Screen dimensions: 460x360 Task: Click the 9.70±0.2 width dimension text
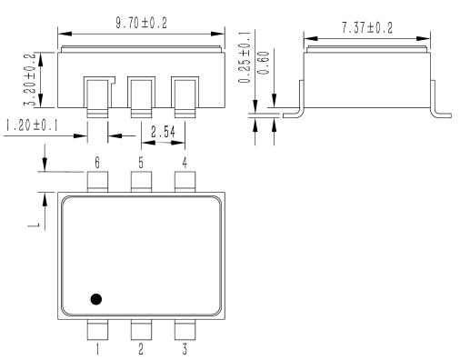(141, 23)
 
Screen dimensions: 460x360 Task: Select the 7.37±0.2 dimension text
(367, 28)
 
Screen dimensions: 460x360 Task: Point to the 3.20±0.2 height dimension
(30, 79)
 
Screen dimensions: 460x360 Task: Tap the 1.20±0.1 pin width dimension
(32, 125)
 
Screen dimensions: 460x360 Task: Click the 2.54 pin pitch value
(163, 132)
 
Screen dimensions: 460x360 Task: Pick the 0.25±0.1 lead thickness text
(245, 56)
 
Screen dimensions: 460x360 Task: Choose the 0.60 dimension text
(264, 63)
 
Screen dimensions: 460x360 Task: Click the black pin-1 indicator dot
(96, 299)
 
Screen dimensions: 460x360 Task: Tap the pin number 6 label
(97, 163)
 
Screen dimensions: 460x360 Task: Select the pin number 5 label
(141, 163)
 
